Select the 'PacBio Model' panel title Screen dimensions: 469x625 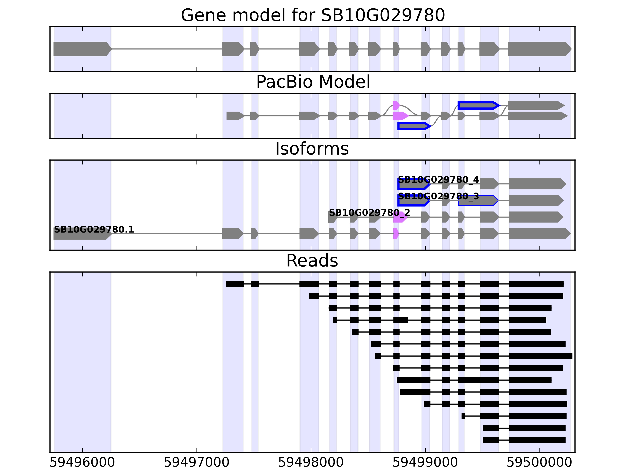[313, 82]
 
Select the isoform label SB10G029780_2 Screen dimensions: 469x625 [369, 213]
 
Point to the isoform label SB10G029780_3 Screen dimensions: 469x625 [438, 196]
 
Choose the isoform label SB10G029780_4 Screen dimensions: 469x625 [438, 180]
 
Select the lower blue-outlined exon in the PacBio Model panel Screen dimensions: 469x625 [413, 126]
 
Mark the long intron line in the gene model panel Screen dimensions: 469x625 [167, 49]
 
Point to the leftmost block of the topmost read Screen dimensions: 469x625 [235, 284]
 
